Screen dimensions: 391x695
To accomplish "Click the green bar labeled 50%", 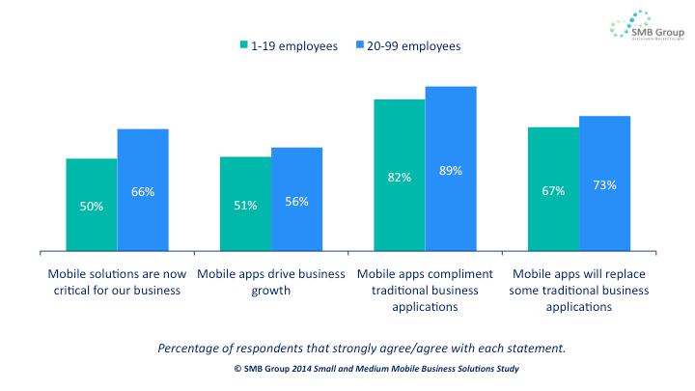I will pos(92,205).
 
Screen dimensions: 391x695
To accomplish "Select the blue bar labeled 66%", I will pos(143,190).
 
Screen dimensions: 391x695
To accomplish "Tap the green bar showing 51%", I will pos(245,204).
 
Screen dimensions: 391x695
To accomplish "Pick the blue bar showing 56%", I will pos(296,200).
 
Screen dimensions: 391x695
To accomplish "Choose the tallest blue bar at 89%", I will pos(451,169).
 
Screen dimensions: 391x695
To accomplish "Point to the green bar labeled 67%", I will pos(553,189).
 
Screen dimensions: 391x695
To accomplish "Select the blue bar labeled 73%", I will pos(604,183).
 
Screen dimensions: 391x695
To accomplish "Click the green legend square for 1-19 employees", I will pos(245,45).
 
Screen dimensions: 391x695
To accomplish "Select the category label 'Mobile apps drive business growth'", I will pos(270,281).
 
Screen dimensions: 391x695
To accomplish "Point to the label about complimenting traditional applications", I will pos(425,290).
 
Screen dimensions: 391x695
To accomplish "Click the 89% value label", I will pos(451,170).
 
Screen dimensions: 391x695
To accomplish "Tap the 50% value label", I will pos(92,206).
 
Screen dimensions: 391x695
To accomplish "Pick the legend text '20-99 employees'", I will pos(413,45).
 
